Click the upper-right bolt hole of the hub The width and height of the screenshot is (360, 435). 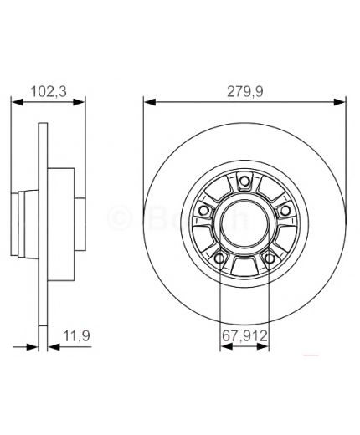(x=283, y=206)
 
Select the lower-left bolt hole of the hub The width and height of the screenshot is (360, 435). (x=220, y=258)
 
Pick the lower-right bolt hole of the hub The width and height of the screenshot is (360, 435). (x=270, y=258)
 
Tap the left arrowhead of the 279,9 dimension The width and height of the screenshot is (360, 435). (x=148, y=102)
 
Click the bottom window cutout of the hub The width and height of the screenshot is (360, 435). (x=244, y=266)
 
